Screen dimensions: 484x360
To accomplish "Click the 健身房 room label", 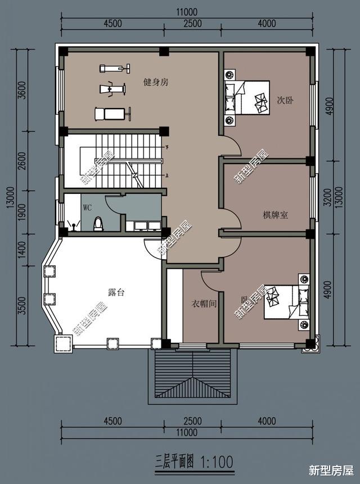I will pos(156,82).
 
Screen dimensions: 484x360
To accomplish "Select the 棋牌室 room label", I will pos(276,214).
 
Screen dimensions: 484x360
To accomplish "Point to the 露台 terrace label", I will pos(116,292).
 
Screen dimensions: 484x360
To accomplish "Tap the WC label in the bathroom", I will pos(88,207).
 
